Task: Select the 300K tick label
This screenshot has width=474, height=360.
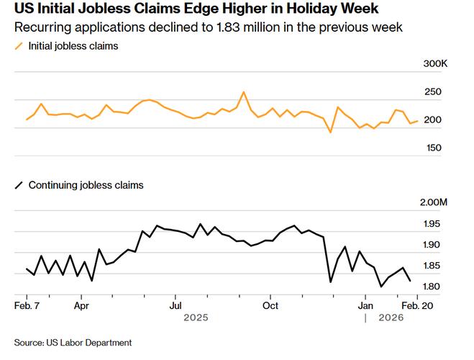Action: click(x=435, y=64)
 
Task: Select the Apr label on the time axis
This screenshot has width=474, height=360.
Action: click(x=81, y=305)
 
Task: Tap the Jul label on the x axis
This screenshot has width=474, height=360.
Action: click(x=175, y=305)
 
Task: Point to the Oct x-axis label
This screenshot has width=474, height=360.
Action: click(x=270, y=305)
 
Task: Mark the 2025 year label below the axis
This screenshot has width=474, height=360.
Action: click(x=196, y=318)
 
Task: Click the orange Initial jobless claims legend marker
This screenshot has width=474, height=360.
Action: click(x=18, y=46)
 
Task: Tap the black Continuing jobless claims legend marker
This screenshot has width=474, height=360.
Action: click(x=18, y=185)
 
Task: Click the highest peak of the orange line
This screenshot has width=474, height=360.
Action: click(x=244, y=92)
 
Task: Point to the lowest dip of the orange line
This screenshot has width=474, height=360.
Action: click(x=330, y=132)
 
